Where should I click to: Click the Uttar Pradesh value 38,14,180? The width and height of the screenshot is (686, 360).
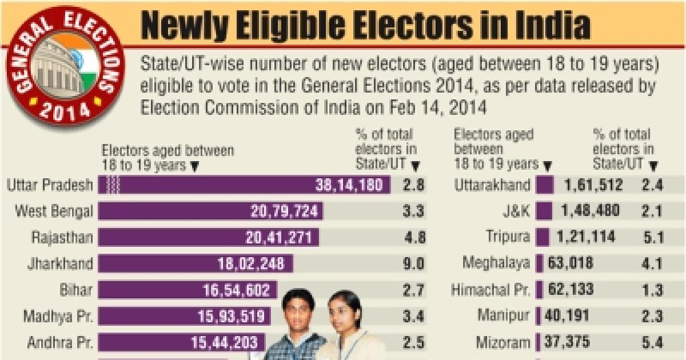(350, 185)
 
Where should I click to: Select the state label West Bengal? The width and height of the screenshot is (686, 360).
(54, 211)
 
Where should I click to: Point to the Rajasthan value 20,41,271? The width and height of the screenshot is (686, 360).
(282, 237)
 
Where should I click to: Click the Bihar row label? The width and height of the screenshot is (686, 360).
(75, 290)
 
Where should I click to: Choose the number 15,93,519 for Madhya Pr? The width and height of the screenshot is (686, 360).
(231, 317)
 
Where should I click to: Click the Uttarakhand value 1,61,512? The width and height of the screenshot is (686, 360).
(591, 185)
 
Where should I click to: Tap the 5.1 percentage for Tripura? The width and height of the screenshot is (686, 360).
(651, 237)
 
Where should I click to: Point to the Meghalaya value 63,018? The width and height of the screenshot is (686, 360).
(570, 263)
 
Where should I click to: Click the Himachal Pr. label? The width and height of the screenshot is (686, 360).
(490, 290)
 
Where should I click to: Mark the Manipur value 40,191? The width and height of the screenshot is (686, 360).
(570, 316)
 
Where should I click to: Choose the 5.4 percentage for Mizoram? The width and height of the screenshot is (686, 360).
(651, 343)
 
